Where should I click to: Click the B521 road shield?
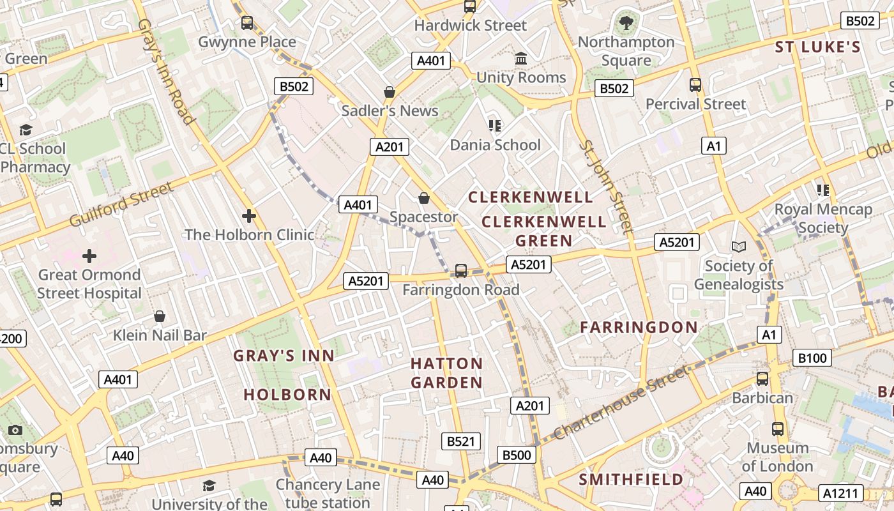pos(461,441)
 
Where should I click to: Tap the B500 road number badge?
pos(517,455)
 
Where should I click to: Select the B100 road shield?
pos(812,358)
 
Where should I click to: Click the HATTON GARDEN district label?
pos(446,373)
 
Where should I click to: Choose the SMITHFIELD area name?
pos(631,479)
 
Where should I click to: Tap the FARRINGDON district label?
pos(639,327)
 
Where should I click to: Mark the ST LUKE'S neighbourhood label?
pos(818,47)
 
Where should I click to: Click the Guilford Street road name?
pos(121,204)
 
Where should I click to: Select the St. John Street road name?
pos(605,186)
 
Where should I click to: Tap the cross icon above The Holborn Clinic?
pos(249,216)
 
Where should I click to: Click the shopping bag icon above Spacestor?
pos(423,198)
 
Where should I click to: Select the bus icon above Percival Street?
pos(695,85)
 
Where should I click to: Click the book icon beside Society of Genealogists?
pos(739,247)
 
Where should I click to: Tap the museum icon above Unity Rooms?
pos(521,59)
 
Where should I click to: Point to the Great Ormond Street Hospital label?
pos(89,284)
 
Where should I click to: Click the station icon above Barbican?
pos(762,379)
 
